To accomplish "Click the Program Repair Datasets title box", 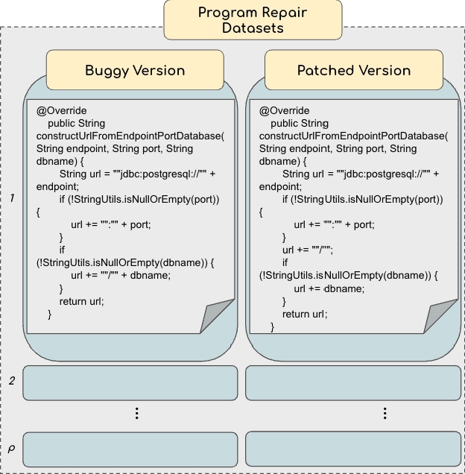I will (x=253, y=20).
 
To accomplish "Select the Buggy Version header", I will (x=135, y=71).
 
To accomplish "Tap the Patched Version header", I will (x=354, y=71).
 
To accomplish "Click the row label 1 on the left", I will (x=13, y=198).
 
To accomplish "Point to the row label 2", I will (x=12, y=382).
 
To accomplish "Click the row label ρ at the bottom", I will (x=11, y=449).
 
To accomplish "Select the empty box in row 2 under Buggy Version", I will (x=130, y=383).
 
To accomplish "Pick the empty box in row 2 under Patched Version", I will (x=353, y=383).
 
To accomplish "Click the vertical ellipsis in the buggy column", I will (x=137, y=414).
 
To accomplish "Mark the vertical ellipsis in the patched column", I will (x=385, y=414).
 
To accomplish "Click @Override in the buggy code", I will (x=62, y=111).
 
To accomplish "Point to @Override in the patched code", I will (x=284, y=111).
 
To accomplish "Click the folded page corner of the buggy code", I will (x=215, y=316).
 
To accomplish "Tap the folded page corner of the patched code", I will (x=440, y=316).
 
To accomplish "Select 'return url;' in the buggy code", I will (x=81, y=301).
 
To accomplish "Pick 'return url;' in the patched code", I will (x=304, y=314).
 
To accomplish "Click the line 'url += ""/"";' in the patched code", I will (x=307, y=250).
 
